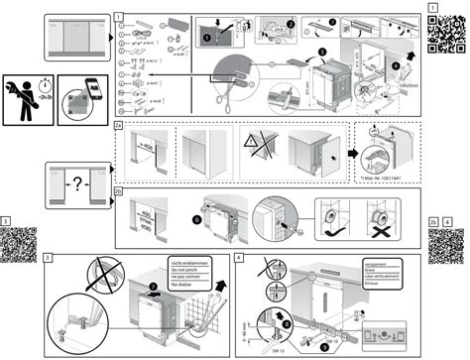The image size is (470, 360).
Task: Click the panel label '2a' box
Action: [118, 127]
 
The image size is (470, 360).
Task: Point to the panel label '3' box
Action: [49, 256]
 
